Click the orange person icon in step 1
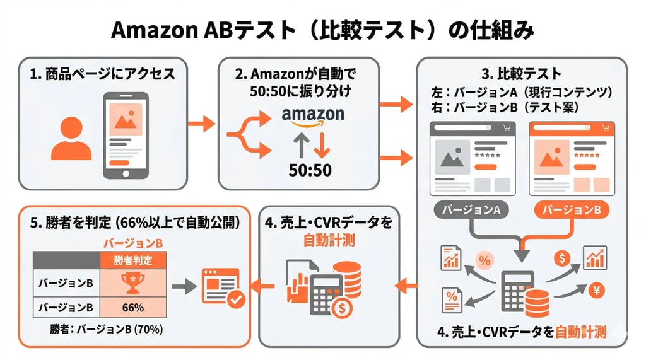point(71,139)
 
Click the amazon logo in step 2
point(313,115)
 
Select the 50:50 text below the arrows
point(310,170)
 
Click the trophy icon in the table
point(132,282)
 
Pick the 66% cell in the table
point(132,308)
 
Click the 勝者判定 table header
point(132,260)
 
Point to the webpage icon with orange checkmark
point(221,287)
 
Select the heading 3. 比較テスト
point(521,74)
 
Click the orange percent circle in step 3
point(484,259)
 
